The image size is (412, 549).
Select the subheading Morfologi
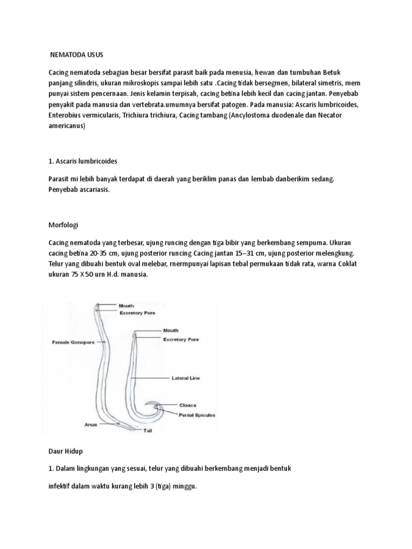tap(63, 225)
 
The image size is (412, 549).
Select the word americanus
tap(67, 127)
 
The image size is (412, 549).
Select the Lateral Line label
tap(186, 378)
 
